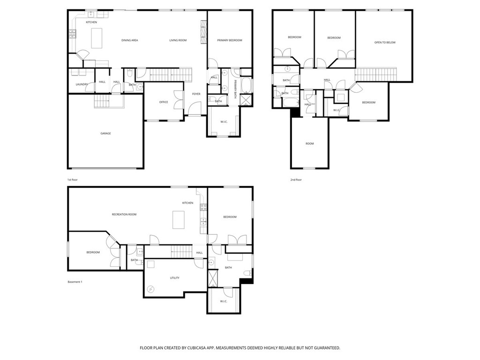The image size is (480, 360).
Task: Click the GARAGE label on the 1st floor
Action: [105, 134]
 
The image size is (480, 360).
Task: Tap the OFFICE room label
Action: [164, 102]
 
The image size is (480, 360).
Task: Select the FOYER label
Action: [196, 94]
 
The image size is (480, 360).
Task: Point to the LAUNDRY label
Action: [82, 84]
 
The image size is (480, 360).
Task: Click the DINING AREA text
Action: [129, 40]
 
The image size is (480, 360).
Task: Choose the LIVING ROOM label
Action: [178, 40]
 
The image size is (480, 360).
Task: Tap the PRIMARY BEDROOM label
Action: [230, 40]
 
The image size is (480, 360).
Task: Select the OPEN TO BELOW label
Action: [384, 43]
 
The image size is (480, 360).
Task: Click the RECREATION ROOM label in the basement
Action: [124, 214]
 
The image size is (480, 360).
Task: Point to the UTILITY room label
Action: [174, 278]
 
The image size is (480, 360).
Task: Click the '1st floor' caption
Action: [72, 180]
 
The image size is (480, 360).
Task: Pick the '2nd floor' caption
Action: [296, 180]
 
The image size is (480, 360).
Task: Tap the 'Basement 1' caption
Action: [75, 282]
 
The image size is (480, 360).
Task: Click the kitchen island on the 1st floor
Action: [97, 38]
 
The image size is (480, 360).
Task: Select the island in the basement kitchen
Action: [179, 219]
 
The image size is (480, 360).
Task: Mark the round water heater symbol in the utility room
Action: [150, 289]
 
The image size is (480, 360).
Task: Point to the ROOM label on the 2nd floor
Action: [309, 143]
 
